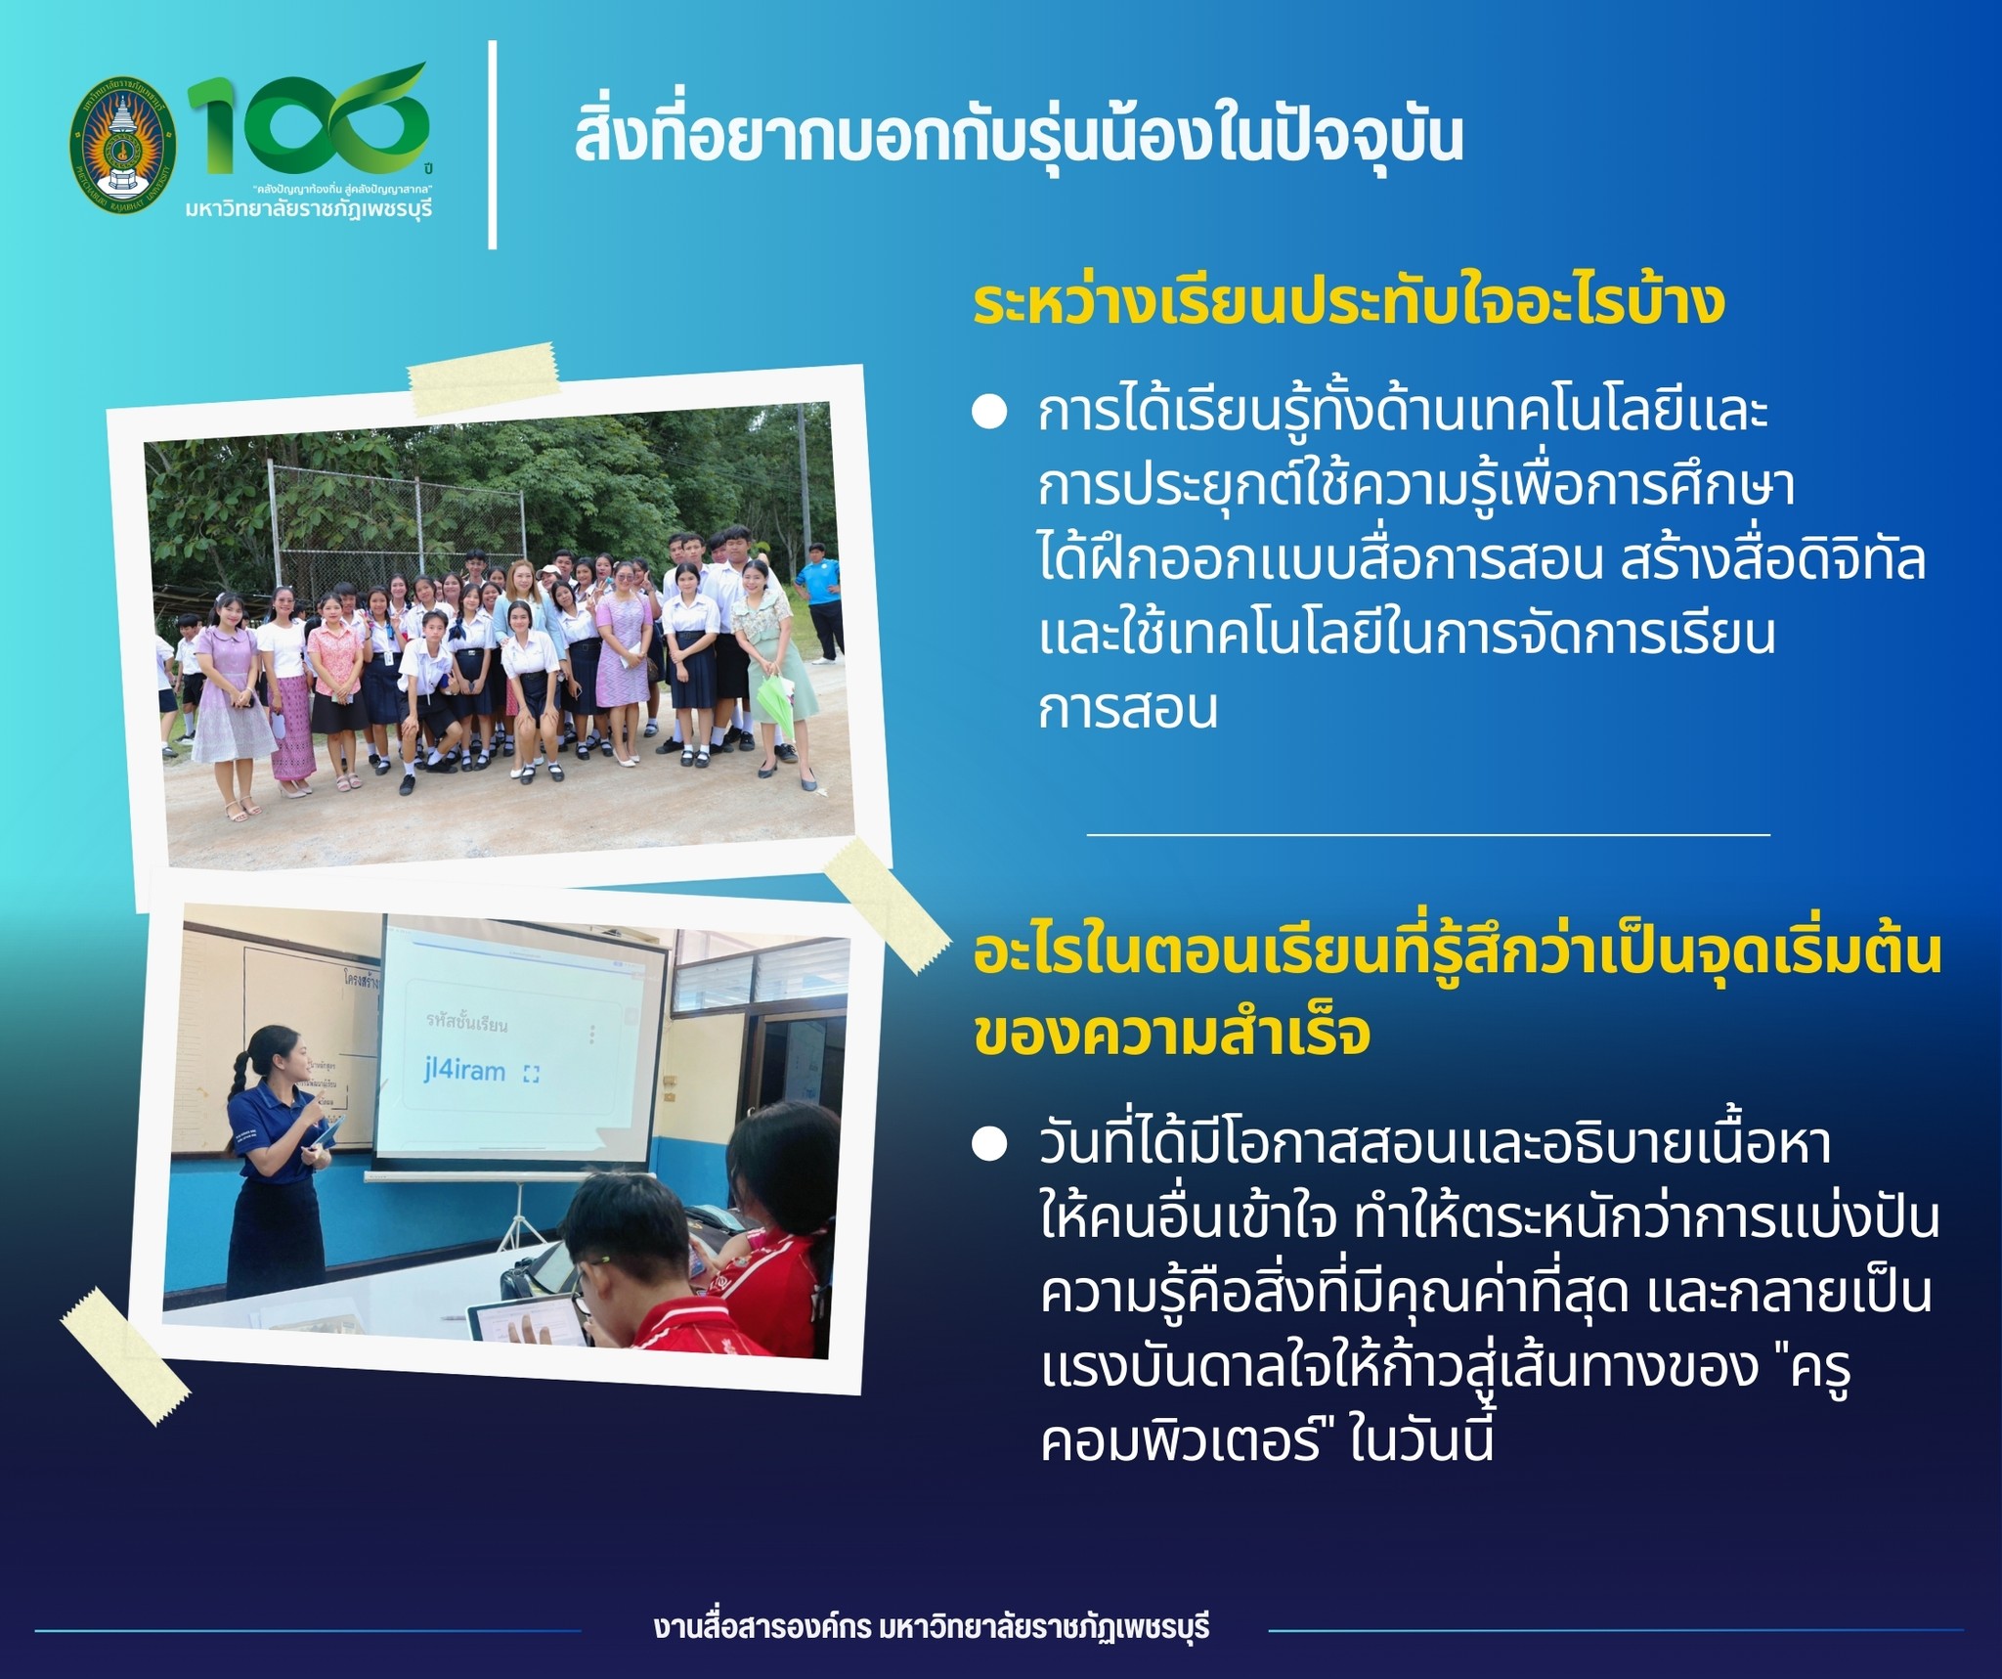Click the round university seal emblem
point(123,145)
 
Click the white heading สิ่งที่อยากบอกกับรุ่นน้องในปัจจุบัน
point(1018,137)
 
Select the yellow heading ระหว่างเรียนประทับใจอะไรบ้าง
point(1349,303)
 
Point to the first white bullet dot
point(989,413)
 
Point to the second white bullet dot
point(989,1145)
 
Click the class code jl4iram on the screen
point(464,1070)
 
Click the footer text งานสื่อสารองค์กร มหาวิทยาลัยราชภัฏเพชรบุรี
point(932,1627)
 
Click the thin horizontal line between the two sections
point(1428,834)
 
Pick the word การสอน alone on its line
point(1128,709)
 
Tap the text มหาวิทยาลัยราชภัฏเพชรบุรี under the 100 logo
point(308,208)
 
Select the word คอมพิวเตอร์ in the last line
point(1182,1443)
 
